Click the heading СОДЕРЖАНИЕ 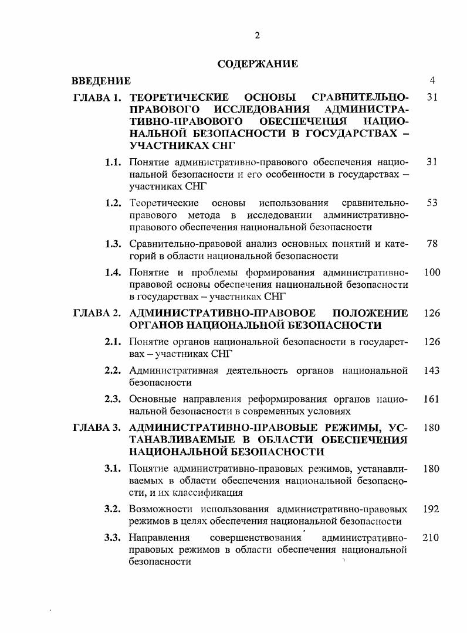(258, 64)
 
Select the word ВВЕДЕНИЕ (101, 80)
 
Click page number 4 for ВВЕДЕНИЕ (432, 80)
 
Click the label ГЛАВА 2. (97, 313)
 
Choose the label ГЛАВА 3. (97, 427)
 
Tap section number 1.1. (113, 161)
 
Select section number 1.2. (113, 203)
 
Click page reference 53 (432, 203)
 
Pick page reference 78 (432, 244)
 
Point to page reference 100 (432, 273)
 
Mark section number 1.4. (113, 273)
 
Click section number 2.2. (113, 370)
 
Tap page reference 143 (432, 370)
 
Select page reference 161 (432, 399)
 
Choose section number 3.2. (113, 509)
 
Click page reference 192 (432, 509)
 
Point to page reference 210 (432, 537)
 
